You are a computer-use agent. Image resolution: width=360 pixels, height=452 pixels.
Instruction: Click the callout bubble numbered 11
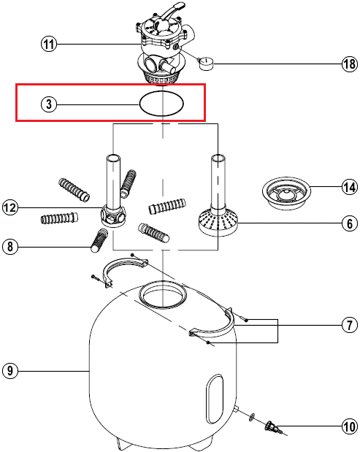pos(48,45)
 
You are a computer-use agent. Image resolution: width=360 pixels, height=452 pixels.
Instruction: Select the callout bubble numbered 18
pos(349,64)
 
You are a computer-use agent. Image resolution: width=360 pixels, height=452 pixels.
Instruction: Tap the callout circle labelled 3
pos(48,104)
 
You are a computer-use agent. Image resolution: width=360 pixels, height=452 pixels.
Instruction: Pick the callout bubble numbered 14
pos(349,187)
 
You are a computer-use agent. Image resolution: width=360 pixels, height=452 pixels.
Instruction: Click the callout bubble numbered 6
pos(349,223)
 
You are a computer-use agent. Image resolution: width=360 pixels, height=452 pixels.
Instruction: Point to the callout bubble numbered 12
pos(10,207)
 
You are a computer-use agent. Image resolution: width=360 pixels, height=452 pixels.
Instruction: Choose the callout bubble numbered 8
pos(10,247)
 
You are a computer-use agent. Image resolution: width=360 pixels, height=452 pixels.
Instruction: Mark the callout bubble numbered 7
pos(349,325)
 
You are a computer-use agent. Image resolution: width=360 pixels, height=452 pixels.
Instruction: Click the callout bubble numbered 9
pos(10,370)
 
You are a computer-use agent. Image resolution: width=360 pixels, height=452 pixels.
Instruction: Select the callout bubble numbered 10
pos(349,426)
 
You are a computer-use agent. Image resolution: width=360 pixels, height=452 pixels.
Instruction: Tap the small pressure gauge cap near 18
pos(206,64)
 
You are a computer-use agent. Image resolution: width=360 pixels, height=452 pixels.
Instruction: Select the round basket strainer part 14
pos(286,192)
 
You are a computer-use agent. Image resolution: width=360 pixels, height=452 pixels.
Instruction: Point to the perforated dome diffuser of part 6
pos(218,222)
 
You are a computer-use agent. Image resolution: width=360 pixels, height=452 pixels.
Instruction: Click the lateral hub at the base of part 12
pos(113,217)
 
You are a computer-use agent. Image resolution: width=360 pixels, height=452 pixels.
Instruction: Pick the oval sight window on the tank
pos(215,399)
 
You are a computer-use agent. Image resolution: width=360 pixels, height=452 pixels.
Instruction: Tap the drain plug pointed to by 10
pos(270,426)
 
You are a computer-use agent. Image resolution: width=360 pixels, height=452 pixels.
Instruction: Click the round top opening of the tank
pos(163,294)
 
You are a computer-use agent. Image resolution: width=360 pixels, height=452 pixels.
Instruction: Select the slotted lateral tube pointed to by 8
pos(99,240)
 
